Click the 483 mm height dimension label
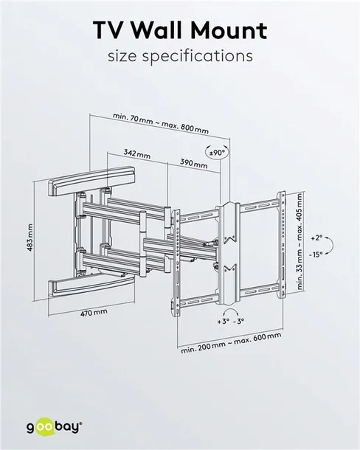tap(30, 238)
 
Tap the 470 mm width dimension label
tap(94, 313)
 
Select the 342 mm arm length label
tap(137, 154)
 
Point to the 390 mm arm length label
tap(194, 163)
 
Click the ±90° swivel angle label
tap(218, 153)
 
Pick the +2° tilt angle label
tap(316, 238)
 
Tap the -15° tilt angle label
tap(316, 255)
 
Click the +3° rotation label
tap(224, 321)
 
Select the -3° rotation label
tap(238, 321)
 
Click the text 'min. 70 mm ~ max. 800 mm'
tap(161, 123)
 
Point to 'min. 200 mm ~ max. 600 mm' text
tap(231, 343)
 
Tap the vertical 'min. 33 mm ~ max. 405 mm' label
tap(300, 241)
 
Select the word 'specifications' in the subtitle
tap(198, 56)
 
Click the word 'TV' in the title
tap(111, 30)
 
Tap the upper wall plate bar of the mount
tap(91, 181)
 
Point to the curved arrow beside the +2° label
tap(331, 246)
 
